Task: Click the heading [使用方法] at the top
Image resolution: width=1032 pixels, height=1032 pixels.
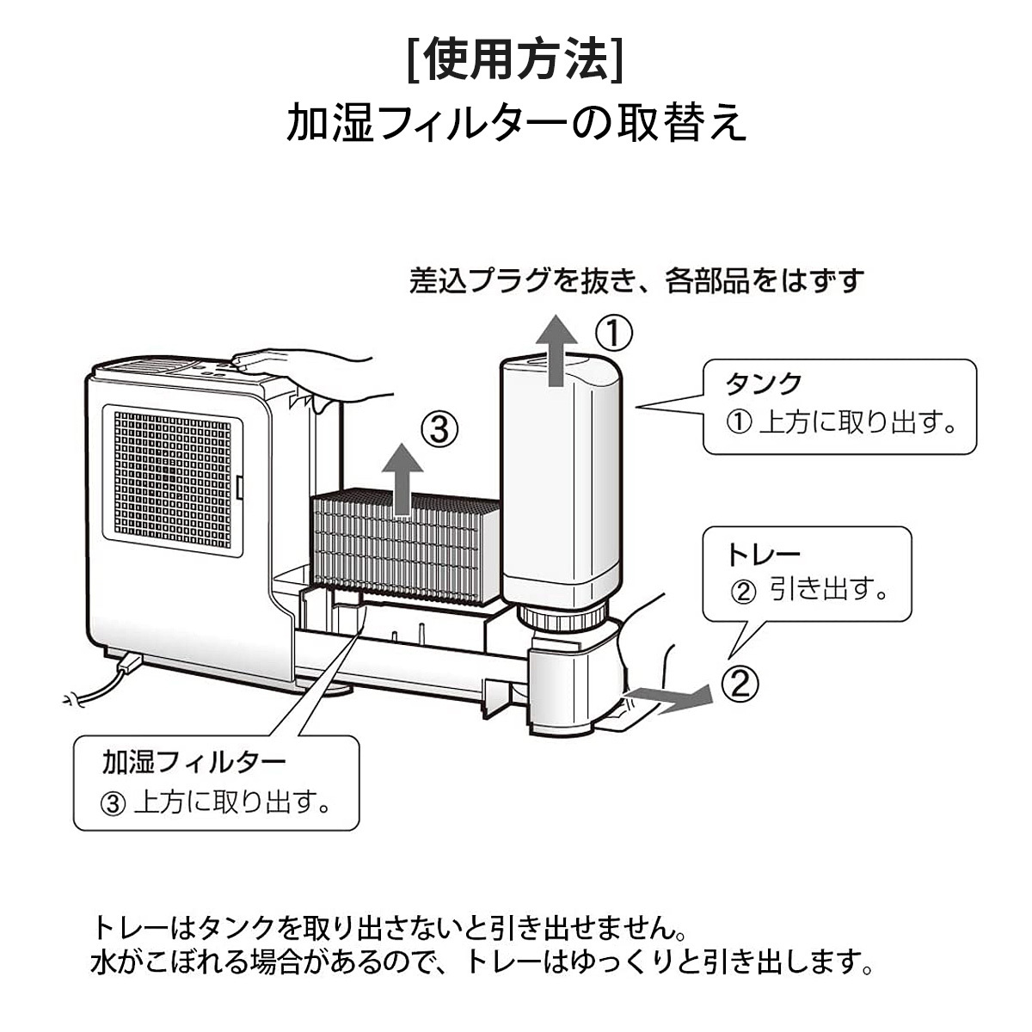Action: point(515,58)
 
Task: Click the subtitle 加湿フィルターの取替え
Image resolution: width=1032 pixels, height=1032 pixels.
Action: point(515,123)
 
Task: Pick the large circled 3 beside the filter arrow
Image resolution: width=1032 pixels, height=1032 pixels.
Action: point(439,428)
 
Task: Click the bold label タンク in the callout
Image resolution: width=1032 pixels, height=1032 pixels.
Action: point(765,383)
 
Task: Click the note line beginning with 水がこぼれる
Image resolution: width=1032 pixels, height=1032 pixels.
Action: point(481,961)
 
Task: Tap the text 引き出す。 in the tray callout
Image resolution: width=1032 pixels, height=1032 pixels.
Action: point(828,590)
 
